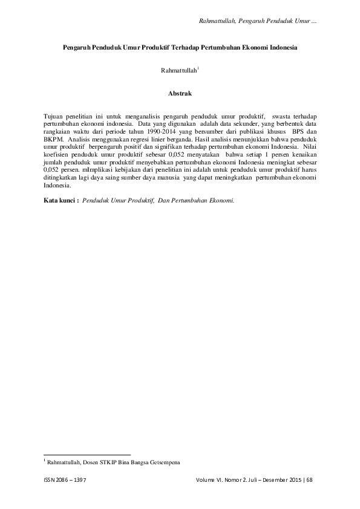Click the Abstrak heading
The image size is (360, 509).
(180, 94)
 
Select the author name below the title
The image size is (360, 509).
(179, 71)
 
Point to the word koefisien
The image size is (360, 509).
(57, 155)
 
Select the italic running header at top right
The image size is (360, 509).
(259, 22)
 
